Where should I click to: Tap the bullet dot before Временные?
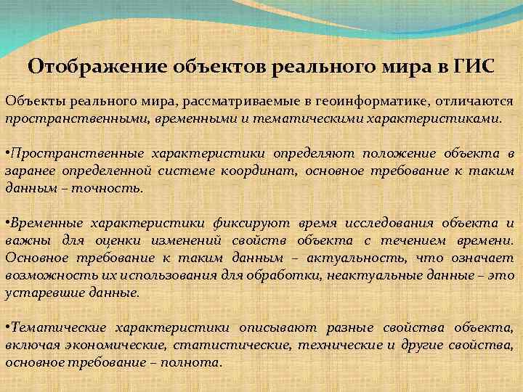click(7, 223)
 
